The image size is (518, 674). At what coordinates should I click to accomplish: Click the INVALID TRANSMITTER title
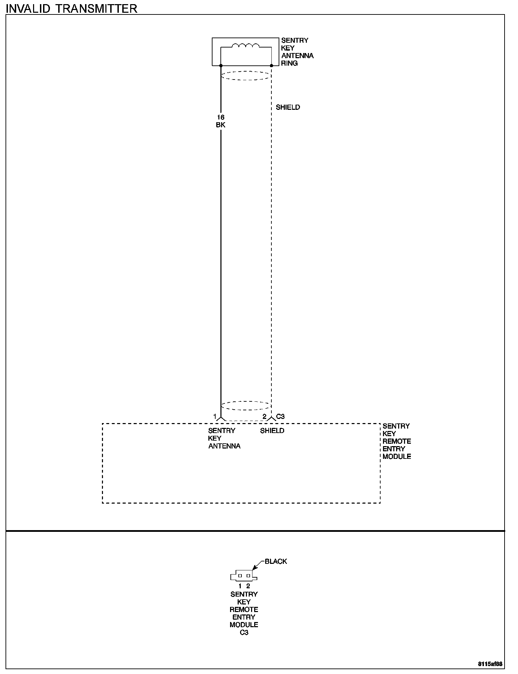tap(72, 8)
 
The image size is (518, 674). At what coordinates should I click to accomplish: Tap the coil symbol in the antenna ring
tap(246, 46)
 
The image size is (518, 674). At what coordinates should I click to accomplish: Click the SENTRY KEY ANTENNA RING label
tap(297, 52)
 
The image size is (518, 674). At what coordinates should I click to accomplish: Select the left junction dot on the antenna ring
tap(221, 65)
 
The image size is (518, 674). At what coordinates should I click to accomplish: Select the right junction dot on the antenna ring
tap(271, 65)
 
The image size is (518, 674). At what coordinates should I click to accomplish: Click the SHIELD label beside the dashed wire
tap(288, 107)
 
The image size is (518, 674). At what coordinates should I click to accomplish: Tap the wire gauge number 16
tap(220, 117)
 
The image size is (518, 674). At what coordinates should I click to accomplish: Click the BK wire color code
tap(220, 125)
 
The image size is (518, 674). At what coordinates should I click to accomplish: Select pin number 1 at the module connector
tap(215, 417)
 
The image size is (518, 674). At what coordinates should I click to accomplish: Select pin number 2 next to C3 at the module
tap(265, 417)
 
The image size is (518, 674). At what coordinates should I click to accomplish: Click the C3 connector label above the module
tap(280, 417)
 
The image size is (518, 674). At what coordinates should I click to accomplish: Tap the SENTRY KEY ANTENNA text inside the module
tap(224, 438)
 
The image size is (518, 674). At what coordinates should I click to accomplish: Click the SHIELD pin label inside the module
tap(272, 431)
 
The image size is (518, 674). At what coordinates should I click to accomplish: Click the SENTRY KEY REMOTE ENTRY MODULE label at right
tap(397, 441)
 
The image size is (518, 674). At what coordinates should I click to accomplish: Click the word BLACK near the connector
tap(276, 561)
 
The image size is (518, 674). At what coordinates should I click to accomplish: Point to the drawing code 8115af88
tap(490, 663)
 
